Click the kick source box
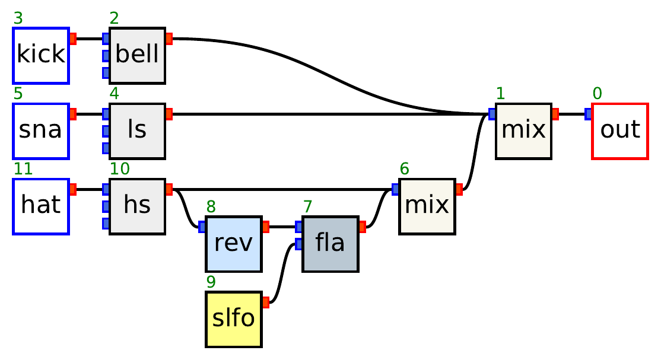click(x=41, y=55)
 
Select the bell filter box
click(x=137, y=55)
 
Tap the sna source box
click(x=41, y=130)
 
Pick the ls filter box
click(x=137, y=130)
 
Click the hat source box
click(x=41, y=206)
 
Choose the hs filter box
click(x=137, y=206)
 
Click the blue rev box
click(x=233, y=244)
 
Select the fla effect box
click(x=330, y=244)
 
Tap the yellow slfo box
click(x=233, y=319)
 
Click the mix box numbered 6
click(x=427, y=206)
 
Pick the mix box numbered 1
click(x=523, y=130)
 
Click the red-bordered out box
click(x=619, y=130)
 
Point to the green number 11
click(x=23, y=169)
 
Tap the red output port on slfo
click(x=265, y=302)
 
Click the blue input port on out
click(x=588, y=114)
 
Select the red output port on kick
click(x=73, y=39)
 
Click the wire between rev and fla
click(x=282, y=227)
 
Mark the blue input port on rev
click(x=202, y=227)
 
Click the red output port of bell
click(x=169, y=39)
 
